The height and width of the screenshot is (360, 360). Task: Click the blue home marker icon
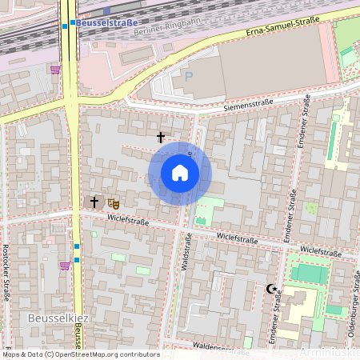point(179,173)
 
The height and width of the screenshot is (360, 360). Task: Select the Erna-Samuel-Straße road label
point(279,30)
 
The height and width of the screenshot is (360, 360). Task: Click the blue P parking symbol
point(189,77)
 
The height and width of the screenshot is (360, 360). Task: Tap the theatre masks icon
point(112,203)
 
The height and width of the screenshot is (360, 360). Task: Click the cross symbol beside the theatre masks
point(94,202)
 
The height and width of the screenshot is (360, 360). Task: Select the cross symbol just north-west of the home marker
point(161,138)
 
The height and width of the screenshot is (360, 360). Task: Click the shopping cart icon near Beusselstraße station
point(54,70)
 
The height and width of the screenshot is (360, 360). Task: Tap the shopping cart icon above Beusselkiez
point(64,266)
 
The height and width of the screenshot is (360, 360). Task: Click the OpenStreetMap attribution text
point(80,354)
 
